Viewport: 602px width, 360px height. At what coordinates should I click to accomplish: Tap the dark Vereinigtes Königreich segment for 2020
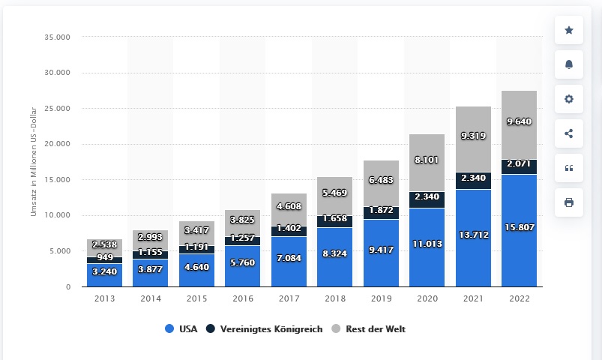(x=427, y=199)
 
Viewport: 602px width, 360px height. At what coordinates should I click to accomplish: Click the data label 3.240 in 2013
(x=103, y=272)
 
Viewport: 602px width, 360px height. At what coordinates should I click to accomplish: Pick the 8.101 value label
(x=427, y=159)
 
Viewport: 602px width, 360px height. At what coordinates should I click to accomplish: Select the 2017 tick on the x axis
(x=289, y=298)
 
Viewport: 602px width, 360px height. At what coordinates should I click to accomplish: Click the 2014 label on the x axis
(x=150, y=298)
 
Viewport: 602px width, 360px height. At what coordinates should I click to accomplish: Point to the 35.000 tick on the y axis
(x=57, y=37)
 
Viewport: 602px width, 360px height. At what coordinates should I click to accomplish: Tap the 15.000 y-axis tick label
(x=57, y=180)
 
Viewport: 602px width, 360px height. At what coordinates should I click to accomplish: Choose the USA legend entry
(x=180, y=328)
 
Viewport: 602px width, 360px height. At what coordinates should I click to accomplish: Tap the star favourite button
(x=568, y=31)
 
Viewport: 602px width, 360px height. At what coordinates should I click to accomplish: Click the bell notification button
(x=568, y=65)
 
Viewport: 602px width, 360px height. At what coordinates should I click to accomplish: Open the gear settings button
(x=568, y=99)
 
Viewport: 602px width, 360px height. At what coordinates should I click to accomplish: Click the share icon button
(x=568, y=133)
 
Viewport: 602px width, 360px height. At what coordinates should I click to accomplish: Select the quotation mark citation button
(x=568, y=168)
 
